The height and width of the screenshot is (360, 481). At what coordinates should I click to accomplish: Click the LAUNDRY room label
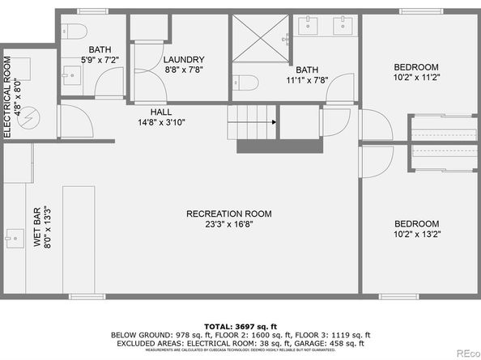click(x=183, y=60)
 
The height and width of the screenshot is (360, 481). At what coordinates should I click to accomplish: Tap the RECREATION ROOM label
click(x=228, y=214)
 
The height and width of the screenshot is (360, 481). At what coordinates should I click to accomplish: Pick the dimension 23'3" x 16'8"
click(x=228, y=225)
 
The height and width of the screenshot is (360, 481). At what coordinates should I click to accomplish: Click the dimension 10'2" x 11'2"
click(x=416, y=78)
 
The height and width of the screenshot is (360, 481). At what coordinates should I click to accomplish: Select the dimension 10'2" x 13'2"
click(x=416, y=235)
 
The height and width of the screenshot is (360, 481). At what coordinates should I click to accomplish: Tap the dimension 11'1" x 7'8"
click(x=306, y=81)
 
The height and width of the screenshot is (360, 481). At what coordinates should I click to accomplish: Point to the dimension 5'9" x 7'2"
click(x=100, y=60)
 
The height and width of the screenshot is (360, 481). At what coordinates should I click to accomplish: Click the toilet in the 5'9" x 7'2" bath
click(x=74, y=32)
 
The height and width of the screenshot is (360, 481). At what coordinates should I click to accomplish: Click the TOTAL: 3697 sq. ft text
click(x=240, y=324)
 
